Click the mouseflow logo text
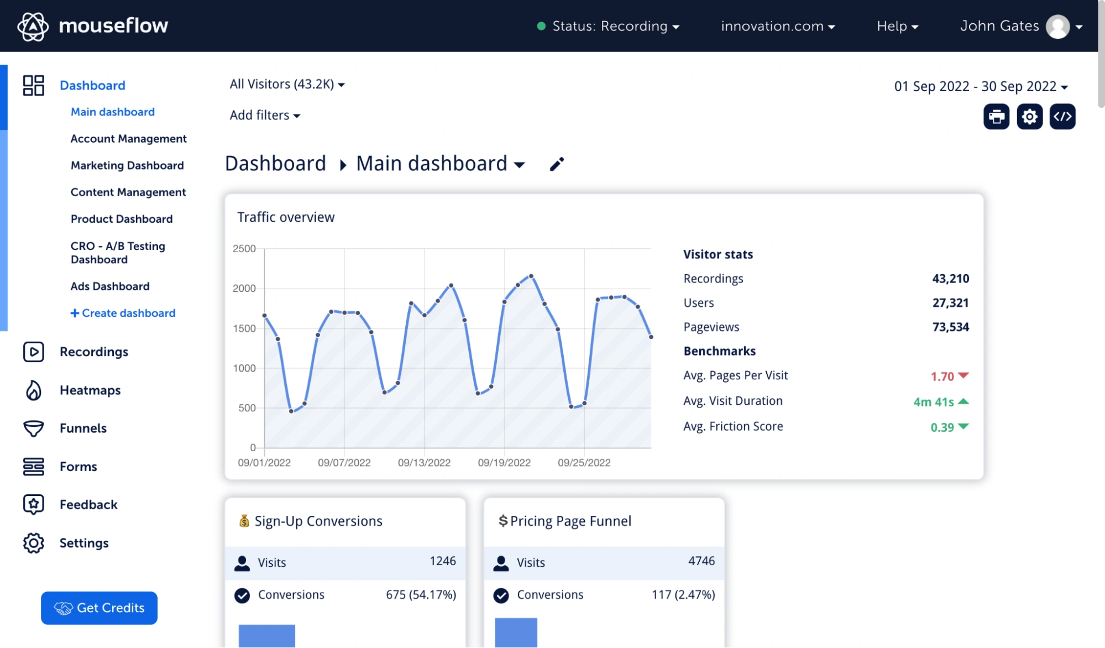click(x=113, y=25)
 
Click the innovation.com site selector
click(x=777, y=26)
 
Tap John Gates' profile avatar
click(x=1057, y=27)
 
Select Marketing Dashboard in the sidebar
click(x=127, y=165)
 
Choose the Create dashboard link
click(x=123, y=313)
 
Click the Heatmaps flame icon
click(x=34, y=390)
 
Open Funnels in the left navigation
click(x=83, y=428)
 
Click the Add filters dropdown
click(x=265, y=115)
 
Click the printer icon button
click(x=996, y=117)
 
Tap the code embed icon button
click(x=1062, y=117)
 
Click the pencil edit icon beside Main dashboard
click(x=557, y=164)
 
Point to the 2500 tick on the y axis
click(x=244, y=249)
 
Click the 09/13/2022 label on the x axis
click(x=424, y=463)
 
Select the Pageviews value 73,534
click(x=950, y=327)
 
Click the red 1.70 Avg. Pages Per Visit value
click(x=942, y=377)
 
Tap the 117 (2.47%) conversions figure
click(x=683, y=594)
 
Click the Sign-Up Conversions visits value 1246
click(x=442, y=561)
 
